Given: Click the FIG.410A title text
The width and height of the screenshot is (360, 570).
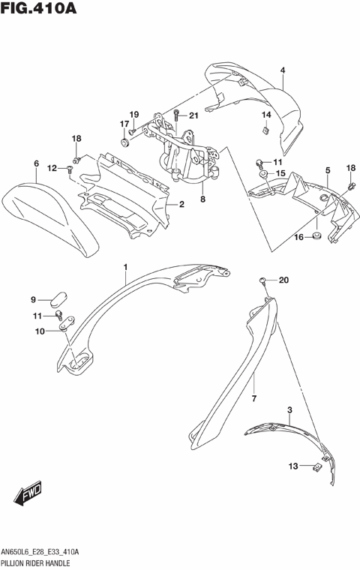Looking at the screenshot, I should pos(39,10).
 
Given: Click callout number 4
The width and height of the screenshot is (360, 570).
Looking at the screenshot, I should pos(283,71).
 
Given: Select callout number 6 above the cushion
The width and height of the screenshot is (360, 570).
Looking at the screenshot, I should pos(35,163).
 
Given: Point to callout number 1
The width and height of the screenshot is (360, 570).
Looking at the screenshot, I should pos(126,267).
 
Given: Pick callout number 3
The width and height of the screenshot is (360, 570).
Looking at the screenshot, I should pos(289,410).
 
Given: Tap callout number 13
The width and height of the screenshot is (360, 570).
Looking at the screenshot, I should pos(294,466).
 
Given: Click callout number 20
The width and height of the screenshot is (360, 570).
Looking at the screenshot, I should pos(283,280).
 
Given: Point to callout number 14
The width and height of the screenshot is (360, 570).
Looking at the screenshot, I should pos(265,115).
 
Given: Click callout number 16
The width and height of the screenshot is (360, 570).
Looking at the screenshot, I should pos(297,237).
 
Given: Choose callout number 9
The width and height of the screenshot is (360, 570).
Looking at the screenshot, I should pos(33,299).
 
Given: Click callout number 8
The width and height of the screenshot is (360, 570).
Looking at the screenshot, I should pos(202,199).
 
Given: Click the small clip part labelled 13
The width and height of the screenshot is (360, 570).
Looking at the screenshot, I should pos(318,467).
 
